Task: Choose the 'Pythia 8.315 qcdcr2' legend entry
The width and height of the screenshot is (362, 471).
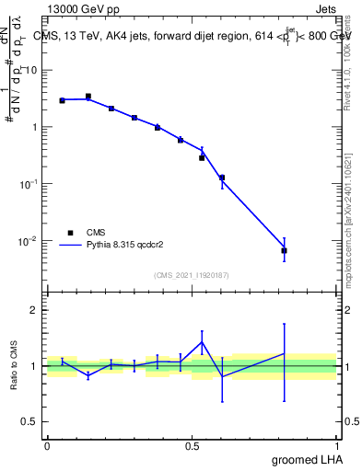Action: tap(120, 246)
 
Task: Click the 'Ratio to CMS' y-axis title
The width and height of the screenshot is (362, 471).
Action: tap(15, 366)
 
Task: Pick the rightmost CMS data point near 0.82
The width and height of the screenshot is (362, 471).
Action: tap(285, 250)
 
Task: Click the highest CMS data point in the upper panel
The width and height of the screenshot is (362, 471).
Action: tap(88, 96)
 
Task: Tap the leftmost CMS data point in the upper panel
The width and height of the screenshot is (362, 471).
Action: tap(62, 100)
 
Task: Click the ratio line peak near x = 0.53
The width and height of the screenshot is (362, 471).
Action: tap(202, 342)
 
